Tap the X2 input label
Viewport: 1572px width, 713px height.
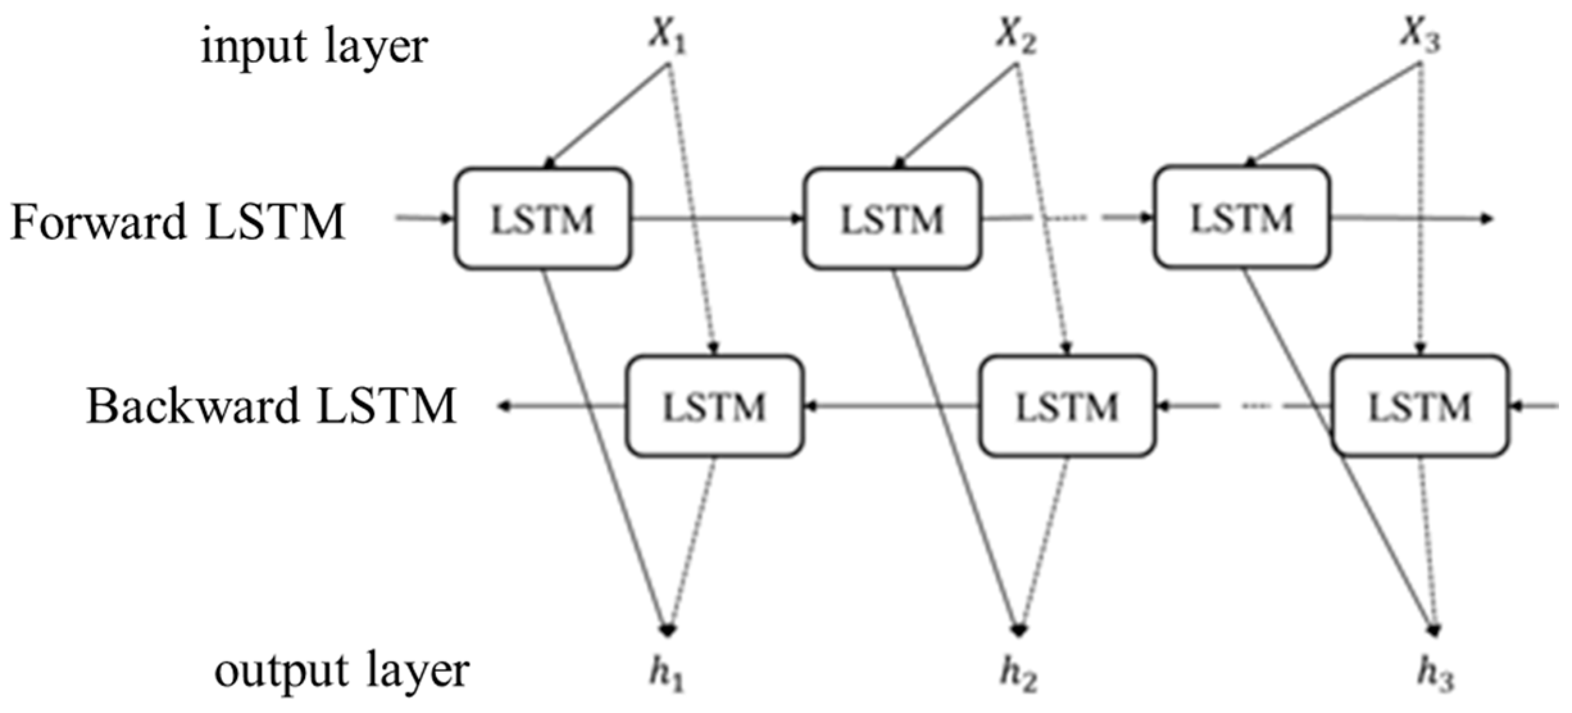coord(1016,36)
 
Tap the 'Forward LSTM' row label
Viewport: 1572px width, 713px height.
coord(178,222)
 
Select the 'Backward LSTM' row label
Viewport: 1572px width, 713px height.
coord(271,406)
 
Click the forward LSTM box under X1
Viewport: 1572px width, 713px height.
coord(543,218)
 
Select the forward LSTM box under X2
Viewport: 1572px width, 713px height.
coord(892,218)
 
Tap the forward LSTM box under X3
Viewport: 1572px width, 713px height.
coord(1242,218)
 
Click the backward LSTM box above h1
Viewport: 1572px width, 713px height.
coord(714,406)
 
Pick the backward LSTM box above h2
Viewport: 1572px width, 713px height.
coord(1068,406)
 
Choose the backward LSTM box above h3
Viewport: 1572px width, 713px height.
coord(1420,406)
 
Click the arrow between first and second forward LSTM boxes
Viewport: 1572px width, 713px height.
coord(718,219)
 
